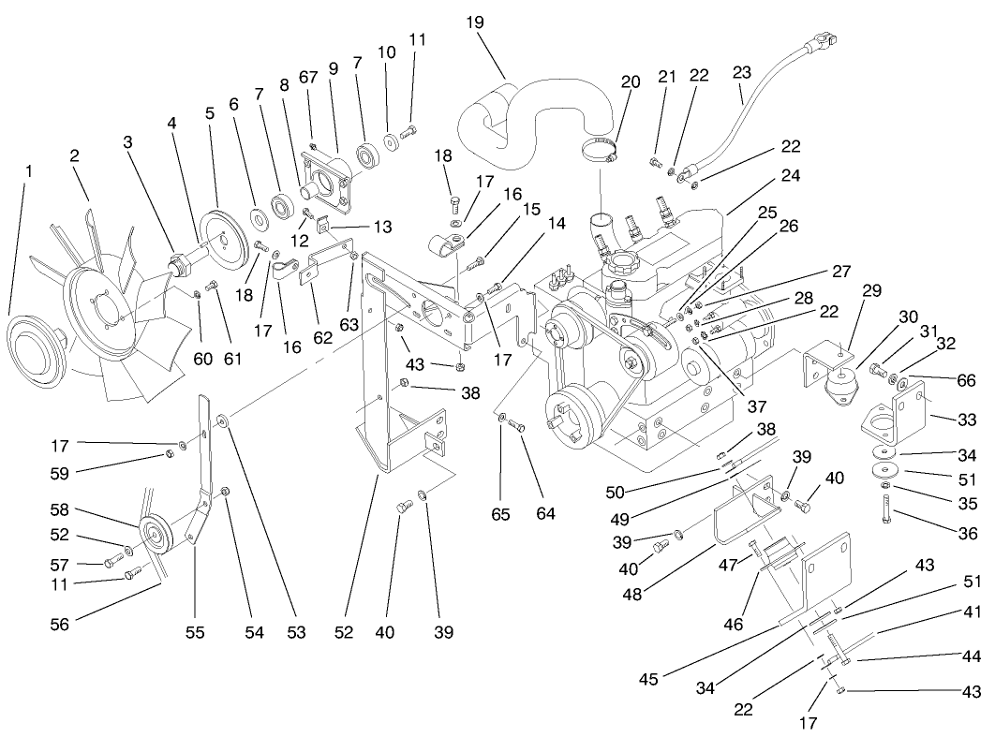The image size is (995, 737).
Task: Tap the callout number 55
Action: pos(194,633)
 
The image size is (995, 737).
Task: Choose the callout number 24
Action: pos(790,175)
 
